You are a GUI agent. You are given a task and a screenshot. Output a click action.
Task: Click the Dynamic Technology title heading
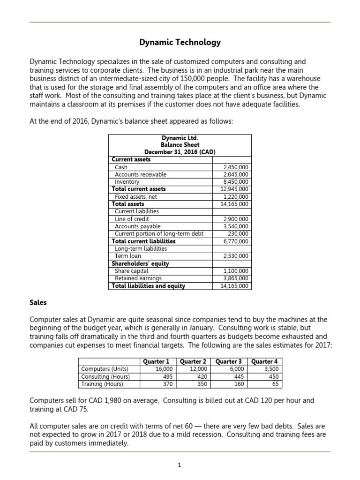point(180,43)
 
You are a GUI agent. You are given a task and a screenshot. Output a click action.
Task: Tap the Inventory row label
point(127,182)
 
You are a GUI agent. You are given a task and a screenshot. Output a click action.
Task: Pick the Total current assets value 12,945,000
point(234,189)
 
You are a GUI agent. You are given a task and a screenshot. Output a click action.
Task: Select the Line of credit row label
point(132,219)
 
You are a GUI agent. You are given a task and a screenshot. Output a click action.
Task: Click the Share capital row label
point(132,271)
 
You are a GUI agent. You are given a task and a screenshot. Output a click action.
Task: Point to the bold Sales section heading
point(38,303)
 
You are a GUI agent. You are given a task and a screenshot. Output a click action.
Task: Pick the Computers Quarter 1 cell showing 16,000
point(164,369)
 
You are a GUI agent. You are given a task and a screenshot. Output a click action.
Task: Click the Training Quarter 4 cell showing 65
point(273,384)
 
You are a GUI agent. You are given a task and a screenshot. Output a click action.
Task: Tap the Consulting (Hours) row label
point(105,376)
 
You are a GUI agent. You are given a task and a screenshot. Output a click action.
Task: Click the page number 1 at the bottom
point(180,465)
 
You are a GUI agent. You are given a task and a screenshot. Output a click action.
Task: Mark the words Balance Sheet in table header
point(180,145)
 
